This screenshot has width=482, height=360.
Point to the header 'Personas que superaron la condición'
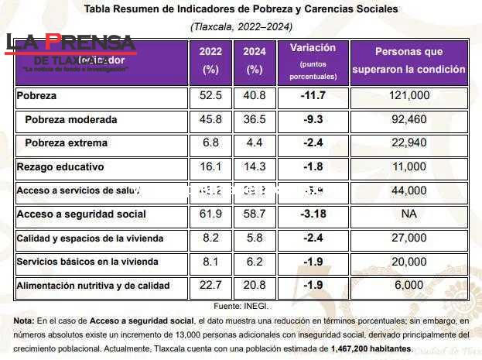pos(409,60)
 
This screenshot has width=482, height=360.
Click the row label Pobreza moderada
pos(70,120)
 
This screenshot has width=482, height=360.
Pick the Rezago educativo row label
pos(60,166)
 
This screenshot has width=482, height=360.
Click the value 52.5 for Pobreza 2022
pos(210,96)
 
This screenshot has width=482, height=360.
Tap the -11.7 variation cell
pos(313,96)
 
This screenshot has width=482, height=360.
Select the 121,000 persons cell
pos(409,96)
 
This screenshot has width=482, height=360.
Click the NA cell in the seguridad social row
pos(409,214)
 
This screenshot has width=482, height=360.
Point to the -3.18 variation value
pos(313,214)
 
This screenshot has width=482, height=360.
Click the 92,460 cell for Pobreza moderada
pos(409,120)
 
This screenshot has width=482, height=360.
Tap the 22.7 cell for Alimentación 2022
pos(210,286)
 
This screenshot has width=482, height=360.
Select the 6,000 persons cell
pos(409,286)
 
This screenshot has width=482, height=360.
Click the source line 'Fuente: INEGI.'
pos(240,307)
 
